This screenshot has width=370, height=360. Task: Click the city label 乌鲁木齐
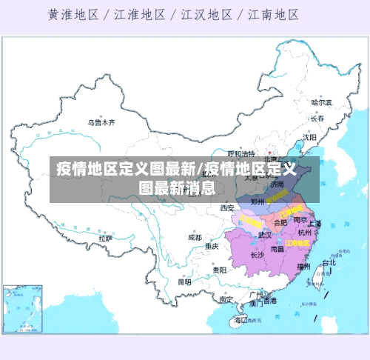[x=102, y=121]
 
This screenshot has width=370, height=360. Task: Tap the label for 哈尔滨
[x=321, y=102]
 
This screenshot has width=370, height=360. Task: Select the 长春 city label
[x=317, y=118]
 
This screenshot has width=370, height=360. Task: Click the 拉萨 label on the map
[x=105, y=239]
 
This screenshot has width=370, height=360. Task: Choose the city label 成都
[x=194, y=238]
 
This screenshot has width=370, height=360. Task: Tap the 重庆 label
[x=212, y=245]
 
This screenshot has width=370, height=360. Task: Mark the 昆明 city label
[x=184, y=281]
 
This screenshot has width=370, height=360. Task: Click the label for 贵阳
[x=219, y=270]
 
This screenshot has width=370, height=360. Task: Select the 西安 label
[x=226, y=208]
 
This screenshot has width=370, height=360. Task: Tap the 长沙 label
[x=257, y=255]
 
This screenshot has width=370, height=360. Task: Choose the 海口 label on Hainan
[x=240, y=320]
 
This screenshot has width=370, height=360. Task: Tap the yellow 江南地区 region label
[x=298, y=242]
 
